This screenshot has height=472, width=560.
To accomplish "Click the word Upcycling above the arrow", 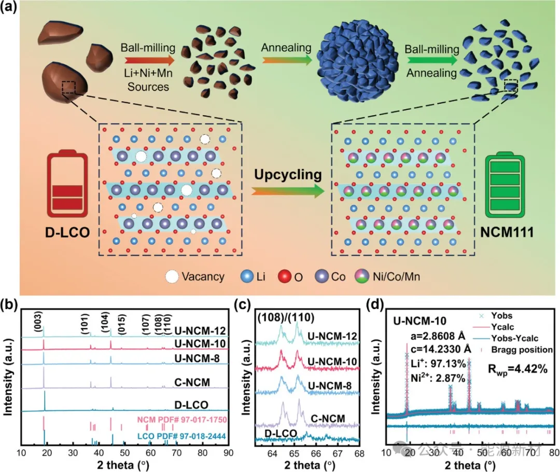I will [288, 174].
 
